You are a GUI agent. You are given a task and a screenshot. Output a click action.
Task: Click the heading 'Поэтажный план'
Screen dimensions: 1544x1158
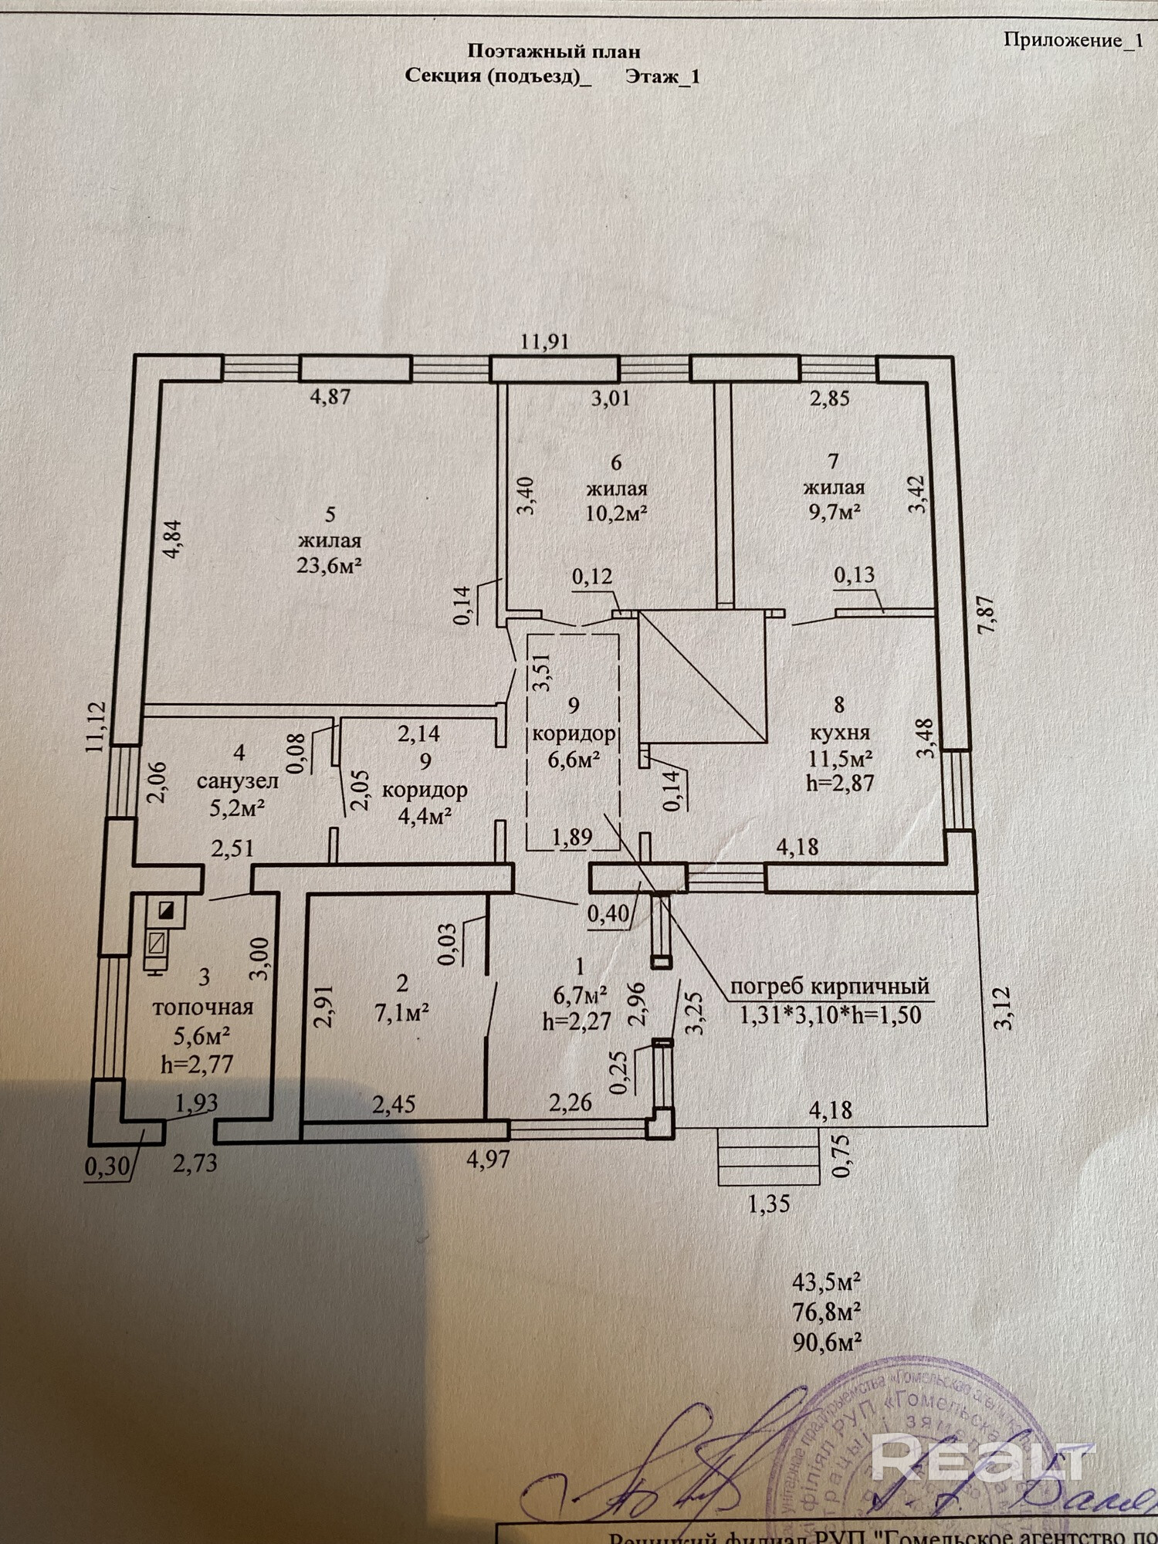tap(554, 52)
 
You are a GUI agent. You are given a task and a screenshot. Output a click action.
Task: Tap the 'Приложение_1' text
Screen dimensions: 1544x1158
tap(1072, 40)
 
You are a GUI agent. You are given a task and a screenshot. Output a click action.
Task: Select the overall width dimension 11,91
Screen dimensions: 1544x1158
tap(544, 340)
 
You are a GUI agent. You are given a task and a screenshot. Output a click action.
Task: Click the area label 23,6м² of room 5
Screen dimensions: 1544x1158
tap(330, 565)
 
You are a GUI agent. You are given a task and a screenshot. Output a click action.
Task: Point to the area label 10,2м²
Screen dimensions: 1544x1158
tap(615, 513)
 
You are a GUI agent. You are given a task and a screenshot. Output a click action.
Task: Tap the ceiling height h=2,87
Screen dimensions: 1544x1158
tap(839, 783)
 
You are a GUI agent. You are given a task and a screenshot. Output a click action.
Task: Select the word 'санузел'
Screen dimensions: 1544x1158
tap(237, 780)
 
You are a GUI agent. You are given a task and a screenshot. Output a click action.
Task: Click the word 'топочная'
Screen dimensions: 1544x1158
tap(203, 1007)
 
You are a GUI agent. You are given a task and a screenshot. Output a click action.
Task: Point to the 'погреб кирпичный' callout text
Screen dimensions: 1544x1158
tap(829, 986)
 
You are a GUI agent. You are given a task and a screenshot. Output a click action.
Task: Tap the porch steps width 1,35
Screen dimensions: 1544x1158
tap(769, 1204)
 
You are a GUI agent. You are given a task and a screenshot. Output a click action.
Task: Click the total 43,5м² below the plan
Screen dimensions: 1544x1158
tap(826, 1282)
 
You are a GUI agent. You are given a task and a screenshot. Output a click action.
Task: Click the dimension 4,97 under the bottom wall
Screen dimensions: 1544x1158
tap(488, 1160)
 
